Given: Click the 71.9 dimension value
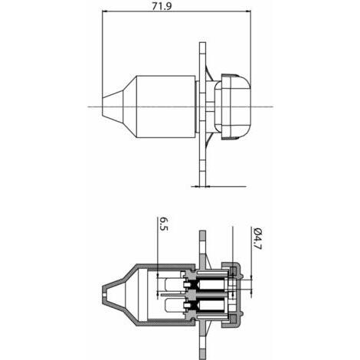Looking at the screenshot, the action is click(x=162, y=6).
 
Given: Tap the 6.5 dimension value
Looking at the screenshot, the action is click(x=164, y=224).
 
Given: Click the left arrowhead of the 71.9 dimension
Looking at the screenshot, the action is click(x=104, y=11).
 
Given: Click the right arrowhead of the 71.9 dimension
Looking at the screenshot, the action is click(x=248, y=11).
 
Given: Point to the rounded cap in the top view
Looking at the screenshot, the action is click(x=232, y=107).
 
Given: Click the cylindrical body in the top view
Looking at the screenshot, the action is click(x=166, y=107).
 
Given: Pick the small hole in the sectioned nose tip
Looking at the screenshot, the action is click(x=104, y=295).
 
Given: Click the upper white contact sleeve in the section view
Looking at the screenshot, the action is click(x=211, y=284).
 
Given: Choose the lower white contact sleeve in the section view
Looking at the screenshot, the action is click(x=211, y=306).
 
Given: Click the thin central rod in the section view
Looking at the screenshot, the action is click(x=174, y=295).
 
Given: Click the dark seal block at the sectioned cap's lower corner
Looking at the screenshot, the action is click(x=233, y=319).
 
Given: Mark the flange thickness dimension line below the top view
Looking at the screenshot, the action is click(x=218, y=187).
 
